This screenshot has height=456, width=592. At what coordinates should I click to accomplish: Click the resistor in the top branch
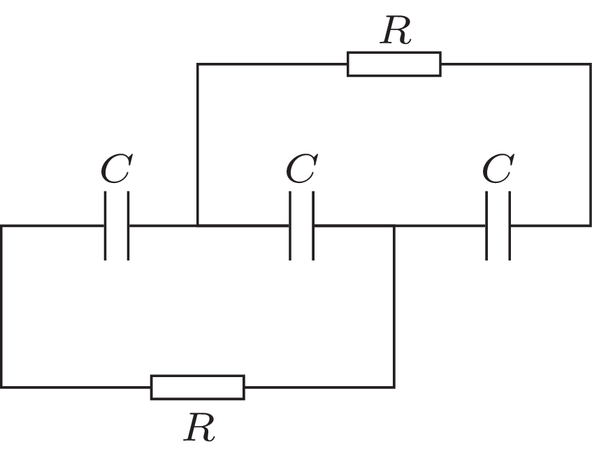tap(394, 64)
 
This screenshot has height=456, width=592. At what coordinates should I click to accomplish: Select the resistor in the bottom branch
tap(198, 387)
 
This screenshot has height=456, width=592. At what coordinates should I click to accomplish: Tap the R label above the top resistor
tap(395, 32)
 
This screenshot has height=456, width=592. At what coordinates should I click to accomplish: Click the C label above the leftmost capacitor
tap(115, 170)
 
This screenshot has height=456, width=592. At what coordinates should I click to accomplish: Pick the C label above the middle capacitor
tap(301, 170)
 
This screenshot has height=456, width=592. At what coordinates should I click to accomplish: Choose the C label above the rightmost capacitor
tap(498, 170)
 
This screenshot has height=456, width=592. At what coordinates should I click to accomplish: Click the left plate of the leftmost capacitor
tap(106, 226)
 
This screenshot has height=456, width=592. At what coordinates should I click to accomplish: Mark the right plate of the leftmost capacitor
tap(128, 226)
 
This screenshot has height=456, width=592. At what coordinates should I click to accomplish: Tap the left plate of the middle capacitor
tap(291, 226)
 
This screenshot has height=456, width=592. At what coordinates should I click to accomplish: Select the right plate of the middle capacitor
tap(312, 226)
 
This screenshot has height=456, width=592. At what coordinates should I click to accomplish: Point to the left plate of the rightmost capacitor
tap(488, 226)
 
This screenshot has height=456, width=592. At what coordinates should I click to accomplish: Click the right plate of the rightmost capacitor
tap(509, 226)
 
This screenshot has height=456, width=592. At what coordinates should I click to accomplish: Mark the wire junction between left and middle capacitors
tap(198, 226)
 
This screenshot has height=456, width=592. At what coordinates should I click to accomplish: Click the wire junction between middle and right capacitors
tap(394, 226)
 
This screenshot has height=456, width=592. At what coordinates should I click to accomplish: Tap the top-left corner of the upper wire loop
tap(198, 64)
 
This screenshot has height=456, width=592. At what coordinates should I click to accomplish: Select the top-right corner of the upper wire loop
tap(590, 64)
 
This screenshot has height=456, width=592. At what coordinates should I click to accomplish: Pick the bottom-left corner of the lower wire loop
tap(2, 387)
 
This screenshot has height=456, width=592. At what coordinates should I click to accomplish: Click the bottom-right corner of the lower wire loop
tap(394, 387)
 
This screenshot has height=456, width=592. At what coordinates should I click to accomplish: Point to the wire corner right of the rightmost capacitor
tap(590, 226)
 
